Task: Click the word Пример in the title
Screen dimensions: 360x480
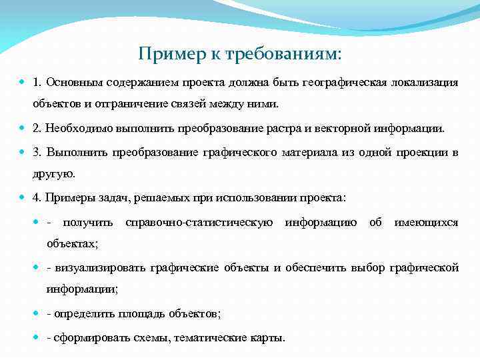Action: pos(163,53)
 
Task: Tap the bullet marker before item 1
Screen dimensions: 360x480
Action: pos(23,83)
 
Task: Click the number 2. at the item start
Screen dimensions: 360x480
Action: pos(37,127)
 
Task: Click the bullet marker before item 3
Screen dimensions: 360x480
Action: pos(23,152)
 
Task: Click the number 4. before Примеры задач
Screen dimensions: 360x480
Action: pos(37,198)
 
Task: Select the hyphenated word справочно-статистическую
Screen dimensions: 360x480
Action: pos(199,222)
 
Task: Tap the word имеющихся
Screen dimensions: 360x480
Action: pos(426,222)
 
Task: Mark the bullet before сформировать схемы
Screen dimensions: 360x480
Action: pos(37,337)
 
